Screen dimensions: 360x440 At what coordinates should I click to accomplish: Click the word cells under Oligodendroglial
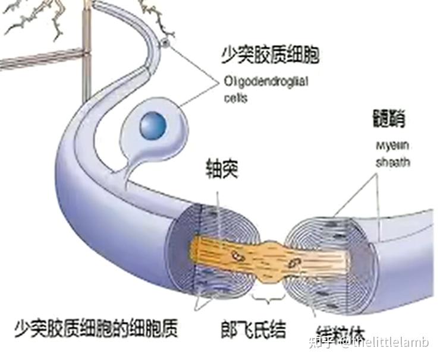pos(236,98)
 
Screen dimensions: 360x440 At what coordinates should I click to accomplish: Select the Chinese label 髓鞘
pos(386,119)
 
